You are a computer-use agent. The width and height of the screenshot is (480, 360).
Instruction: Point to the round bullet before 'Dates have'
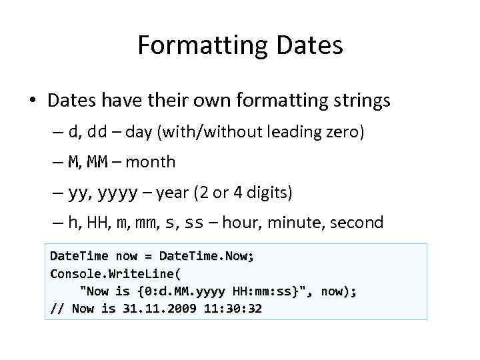(32, 101)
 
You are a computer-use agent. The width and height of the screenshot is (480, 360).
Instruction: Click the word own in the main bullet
(214, 101)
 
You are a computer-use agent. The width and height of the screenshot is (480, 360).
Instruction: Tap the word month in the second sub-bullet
(150, 161)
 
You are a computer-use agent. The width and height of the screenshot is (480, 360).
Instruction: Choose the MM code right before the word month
(99, 161)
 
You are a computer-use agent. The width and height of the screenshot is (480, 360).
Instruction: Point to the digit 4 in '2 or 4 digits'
(237, 193)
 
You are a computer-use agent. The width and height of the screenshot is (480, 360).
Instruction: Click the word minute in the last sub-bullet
(293, 222)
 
